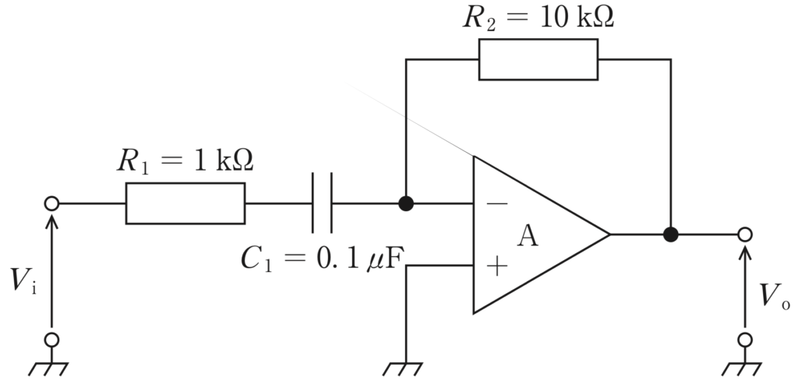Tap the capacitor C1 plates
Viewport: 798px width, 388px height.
tap(322, 203)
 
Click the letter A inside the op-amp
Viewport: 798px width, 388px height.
tap(528, 236)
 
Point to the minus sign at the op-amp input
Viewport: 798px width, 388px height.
tap(496, 204)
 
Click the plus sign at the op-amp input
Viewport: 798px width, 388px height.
tap(496, 266)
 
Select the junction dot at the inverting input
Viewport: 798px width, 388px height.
tap(405, 203)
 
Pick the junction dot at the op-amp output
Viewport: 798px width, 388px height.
tap(671, 235)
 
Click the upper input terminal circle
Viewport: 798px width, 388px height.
tap(51, 203)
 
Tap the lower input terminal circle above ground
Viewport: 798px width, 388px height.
tap(51, 339)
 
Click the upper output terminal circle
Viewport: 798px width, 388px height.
tap(744, 235)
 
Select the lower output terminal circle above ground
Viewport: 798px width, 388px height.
tap(744, 339)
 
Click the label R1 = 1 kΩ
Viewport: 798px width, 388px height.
tap(185, 160)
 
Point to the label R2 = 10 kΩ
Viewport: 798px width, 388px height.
tap(538, 18)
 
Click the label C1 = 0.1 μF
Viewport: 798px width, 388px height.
tap(322, 259)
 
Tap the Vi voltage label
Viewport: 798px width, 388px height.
tap(23, 280)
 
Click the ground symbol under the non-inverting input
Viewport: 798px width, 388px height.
tap(403, 369)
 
